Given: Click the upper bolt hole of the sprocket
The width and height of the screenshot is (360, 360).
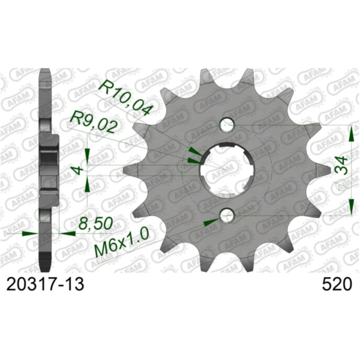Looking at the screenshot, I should point(227,125).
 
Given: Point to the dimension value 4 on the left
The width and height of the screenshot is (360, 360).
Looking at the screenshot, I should point(77,170).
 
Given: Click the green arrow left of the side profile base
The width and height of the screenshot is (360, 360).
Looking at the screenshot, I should point(28,233).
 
